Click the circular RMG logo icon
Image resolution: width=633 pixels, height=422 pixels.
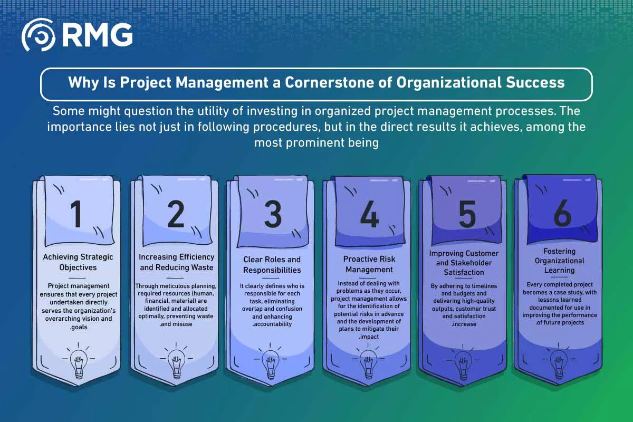tap(39, 35)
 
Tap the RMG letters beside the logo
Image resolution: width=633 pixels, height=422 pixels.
tap(98, 35)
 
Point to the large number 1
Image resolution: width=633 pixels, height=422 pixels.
tap(76, 214)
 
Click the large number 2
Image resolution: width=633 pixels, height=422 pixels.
tap(176, 214)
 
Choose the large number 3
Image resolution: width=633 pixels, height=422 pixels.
tap(273, 214)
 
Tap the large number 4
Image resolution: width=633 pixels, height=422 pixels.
tap(369, 214)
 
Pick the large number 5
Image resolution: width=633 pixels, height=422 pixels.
tap(467, 214)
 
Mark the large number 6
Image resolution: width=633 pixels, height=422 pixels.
tap(562, 213)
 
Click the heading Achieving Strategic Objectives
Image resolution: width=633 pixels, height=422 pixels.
tap(78, 262)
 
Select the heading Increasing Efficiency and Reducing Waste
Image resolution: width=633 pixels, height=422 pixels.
tap(176, 262)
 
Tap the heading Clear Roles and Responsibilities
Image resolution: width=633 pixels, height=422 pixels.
tap(272, 265)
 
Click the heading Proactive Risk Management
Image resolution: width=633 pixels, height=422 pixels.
tap(369, 264)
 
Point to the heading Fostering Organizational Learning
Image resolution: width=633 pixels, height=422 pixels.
tap(559, 261)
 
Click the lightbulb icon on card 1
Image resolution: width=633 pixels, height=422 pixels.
tap(79, 361)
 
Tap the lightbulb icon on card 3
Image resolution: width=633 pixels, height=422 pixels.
tap(271, 361)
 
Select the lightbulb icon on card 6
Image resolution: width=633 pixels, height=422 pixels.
tap(559, 361)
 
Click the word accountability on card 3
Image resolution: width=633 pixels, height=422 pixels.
tap(272, 324)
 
